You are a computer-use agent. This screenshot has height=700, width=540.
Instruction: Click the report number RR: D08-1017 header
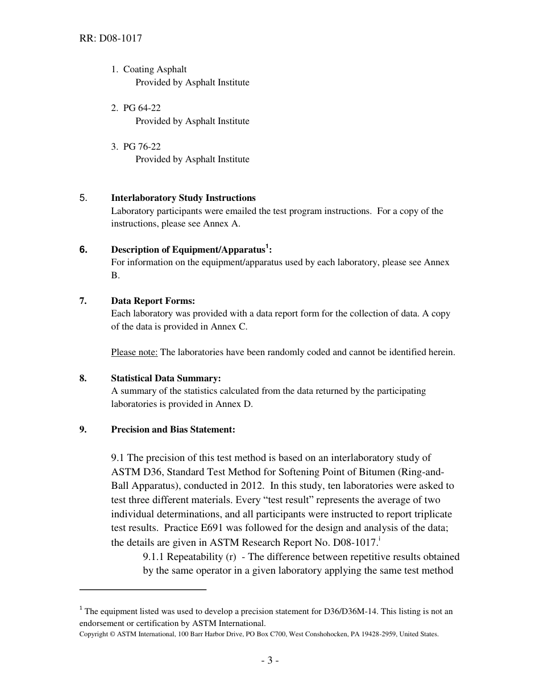[x=111, y=39]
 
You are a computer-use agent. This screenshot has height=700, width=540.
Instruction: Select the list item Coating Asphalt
[x=155, y=69]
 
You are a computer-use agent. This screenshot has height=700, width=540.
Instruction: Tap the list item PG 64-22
[x=142, y=108]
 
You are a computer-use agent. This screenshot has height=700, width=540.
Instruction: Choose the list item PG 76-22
[x=142, y=147]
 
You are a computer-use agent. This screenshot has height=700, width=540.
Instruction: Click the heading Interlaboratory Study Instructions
[x=183, y=198]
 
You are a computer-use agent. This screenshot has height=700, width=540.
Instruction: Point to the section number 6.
[x=84, y=249]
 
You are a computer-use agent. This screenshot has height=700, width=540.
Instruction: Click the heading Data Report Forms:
[x=153, y=301]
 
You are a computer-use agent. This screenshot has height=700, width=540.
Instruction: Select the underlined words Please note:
[x=134, y=352]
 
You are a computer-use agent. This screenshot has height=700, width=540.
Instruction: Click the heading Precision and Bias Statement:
[x=173, y=430]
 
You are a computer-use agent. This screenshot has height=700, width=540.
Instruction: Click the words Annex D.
[x=239, y=404]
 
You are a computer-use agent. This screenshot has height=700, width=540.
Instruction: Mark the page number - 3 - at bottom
[x=269, y=660]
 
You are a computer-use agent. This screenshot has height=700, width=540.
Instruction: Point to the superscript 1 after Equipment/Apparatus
[x=267, y=246]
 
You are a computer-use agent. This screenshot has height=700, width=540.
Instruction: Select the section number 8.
[x=83, y=378]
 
